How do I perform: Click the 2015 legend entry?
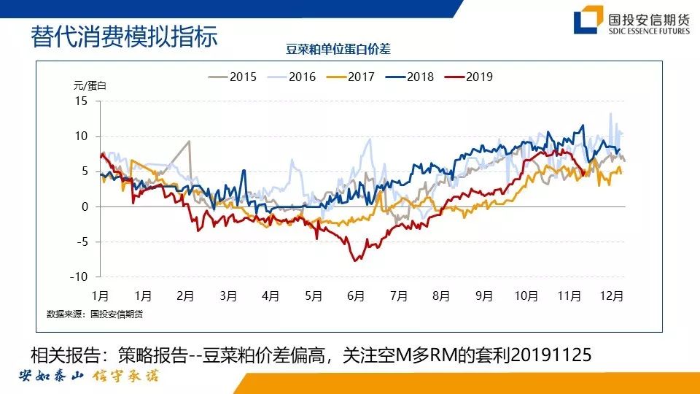pyautogui.click(x=233, y=77)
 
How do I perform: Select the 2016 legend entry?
pyautogui.click(x=292, y=77)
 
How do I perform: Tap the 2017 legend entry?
pyautogui.click(x=351, y=77)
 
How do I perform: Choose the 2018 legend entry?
pyautogui.click(x=410, y=77)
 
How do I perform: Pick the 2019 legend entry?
pyautogui.click(x=469, y=77)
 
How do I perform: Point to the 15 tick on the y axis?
pyautogui.click(x=81, y=101)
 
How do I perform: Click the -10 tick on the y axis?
pyautogui.click(x=79, y=277)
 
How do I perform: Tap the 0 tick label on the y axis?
pyautogui.click(x=85, y=206)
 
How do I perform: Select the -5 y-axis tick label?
pyautogui.click(x=82, y=242)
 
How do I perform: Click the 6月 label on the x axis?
pyautogui.click(x=356, y=295)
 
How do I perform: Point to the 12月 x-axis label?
pyautogui.click(x=611, y=295)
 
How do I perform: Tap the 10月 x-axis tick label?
pyautogui.click(x=526, y=295)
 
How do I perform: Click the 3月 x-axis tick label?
pyautogui.click(x=228, y=295)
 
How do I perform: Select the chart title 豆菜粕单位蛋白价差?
pyautogui.click(x=338, y=49)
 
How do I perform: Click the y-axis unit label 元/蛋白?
pyautogui.click(x=90, y=86)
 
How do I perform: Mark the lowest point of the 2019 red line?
pyautogui.click(x=355, y=261)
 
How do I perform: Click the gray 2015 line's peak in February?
pyautogui.click(x=190, y=141)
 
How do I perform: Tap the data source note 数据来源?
pyautogui.click(x=95, y=314)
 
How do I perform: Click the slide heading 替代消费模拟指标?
pyautogui.click(x=124, y=36)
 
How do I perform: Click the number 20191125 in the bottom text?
pyautogui.click(x=551, y=355)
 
